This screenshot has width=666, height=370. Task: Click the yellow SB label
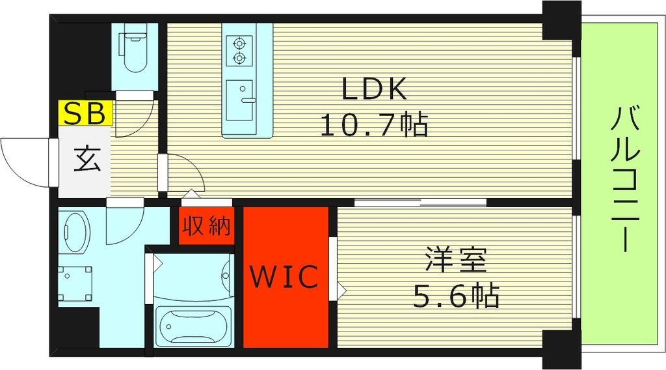point(87,113)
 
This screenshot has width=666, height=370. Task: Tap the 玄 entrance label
point(86,160)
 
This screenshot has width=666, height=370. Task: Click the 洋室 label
point(455,261)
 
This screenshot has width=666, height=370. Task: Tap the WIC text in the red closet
point(285,277)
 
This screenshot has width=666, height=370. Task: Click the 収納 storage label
point(206,226)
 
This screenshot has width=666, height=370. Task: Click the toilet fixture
point(134,50)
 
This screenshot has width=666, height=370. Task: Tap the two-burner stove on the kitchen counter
point(239,51)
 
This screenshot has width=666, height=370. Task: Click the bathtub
point(193,326)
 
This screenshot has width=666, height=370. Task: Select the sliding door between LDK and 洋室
point(421,201)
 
